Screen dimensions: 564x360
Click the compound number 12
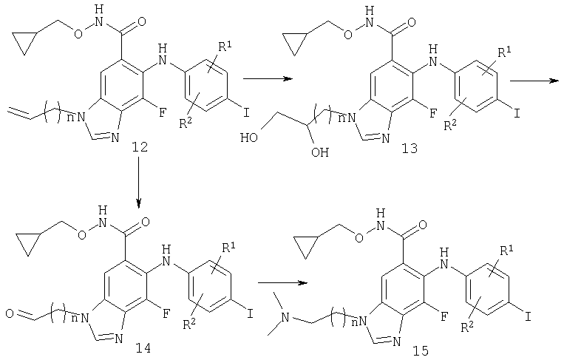pos(140,147)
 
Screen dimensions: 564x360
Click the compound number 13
pos(410,148)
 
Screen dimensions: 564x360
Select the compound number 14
pos(143,348)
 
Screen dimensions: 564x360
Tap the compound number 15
pos(421,350)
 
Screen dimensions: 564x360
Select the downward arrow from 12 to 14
pos(138,183)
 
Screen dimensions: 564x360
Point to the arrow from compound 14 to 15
pos(283,282)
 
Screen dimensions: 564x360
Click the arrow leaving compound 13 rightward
pos(534,81)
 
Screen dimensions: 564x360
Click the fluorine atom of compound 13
pos(433,114)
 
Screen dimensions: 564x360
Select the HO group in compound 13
pos(249,137)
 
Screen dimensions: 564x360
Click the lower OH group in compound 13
pos(320,152)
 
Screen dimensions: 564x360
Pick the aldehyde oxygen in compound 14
pos(10,313)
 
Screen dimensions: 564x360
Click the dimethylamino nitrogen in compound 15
pos(285,318)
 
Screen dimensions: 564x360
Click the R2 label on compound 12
pos(186,123)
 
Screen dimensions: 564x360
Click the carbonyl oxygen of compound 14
pos(146,222)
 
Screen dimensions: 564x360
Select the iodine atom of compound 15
pos(528,317)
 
